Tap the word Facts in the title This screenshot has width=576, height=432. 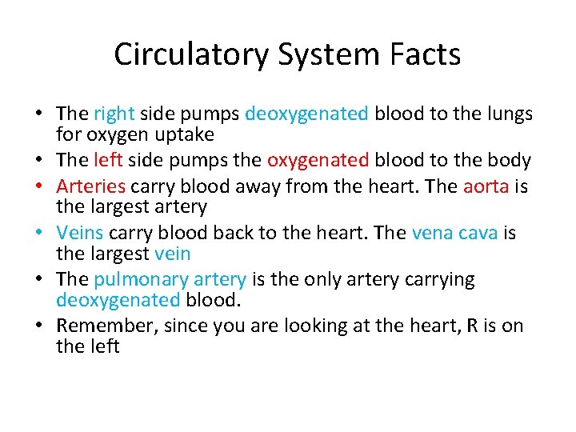tap(426, 54)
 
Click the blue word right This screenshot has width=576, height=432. tap(114, 114)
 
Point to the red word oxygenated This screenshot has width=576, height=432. tap(318, 160)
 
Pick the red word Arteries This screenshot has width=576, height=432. tap(91, 186)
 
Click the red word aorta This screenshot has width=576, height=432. tap(486, 186)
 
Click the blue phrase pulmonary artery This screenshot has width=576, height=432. tap(170, 279)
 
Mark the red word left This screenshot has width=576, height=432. tap(107, 160)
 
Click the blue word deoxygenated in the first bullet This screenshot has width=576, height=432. tap(306, 114)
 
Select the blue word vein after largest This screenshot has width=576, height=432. tap(173, 254)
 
